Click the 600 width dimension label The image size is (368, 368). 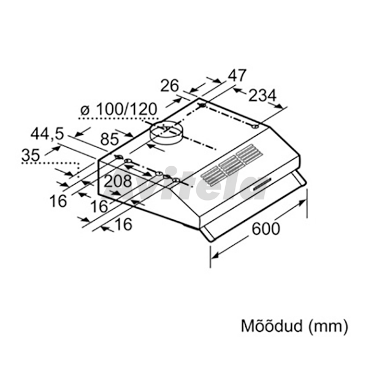266,228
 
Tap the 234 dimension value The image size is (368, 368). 262,96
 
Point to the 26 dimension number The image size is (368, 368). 170,86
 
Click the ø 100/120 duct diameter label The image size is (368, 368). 118,109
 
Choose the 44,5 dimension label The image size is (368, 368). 47,134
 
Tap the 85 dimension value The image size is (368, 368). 109,139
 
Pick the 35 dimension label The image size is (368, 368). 31,155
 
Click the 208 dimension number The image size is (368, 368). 118,181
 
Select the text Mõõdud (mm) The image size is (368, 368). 294,326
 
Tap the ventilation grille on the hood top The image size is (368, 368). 231,165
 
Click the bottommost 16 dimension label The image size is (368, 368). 124,224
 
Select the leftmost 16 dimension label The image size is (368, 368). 58,201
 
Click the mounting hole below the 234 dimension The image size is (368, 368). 255,127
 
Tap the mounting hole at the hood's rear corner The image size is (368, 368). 203,105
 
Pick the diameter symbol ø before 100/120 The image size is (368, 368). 85,110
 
